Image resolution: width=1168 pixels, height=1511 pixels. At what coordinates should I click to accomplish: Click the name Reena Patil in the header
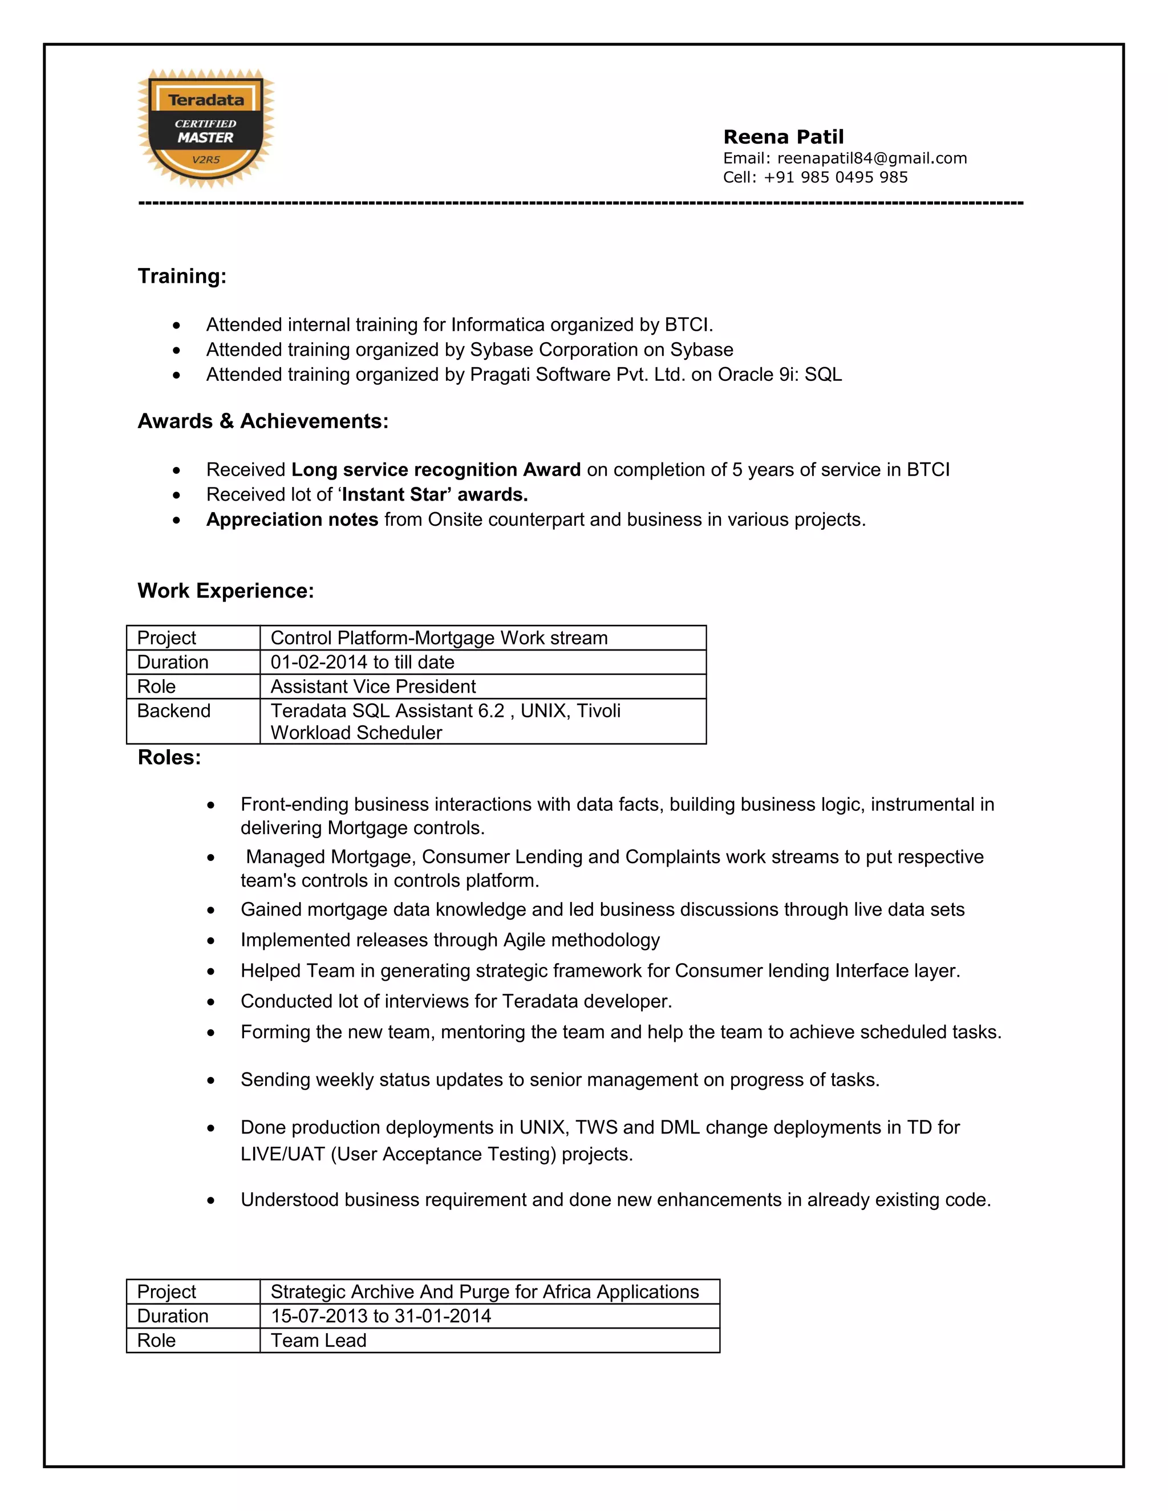[x=783, y=137]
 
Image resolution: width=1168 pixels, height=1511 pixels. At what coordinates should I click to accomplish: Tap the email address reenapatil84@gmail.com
[x=871, y=159]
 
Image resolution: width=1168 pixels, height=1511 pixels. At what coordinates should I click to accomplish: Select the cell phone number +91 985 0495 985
[x=835, y=177]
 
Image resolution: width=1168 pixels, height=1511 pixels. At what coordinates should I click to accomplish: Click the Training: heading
[x=182, y=276]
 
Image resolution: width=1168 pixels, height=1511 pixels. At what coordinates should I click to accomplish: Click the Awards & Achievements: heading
[x=263, y=421]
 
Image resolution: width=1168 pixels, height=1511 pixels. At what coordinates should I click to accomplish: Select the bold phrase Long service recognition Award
[x=436, y=470]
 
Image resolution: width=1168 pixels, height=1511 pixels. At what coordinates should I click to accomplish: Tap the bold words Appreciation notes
[x=292, y=519]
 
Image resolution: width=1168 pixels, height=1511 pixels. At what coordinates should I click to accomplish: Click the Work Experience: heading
[x=226, y=591]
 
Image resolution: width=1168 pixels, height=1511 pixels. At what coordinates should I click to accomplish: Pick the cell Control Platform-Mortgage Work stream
[x=439, y=638]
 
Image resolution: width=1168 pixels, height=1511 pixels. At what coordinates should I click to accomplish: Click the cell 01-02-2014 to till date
[x=363, y=662]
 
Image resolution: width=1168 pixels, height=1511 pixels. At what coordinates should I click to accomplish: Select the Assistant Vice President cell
[x=373, y=687]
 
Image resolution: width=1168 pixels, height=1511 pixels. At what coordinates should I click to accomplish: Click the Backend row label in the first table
[x=174, y=711]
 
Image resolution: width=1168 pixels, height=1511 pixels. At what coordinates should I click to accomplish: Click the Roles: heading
[x=169, y=758]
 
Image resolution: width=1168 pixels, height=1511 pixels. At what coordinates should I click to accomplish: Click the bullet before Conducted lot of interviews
[x=210, y=1002]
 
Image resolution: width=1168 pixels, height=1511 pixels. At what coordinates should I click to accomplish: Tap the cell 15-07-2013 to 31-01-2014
[x=380, y=1316]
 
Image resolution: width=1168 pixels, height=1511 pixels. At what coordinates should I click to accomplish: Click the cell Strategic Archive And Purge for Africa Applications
[x=484, y=1291]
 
